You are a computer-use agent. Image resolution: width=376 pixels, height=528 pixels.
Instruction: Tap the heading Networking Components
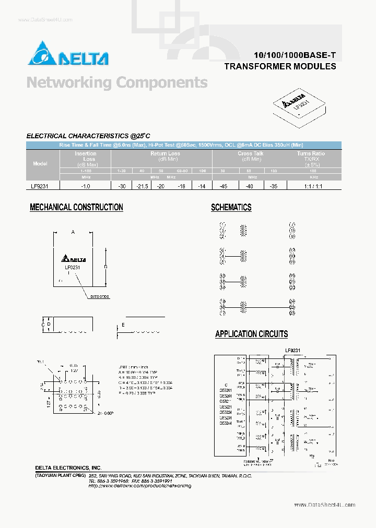[x=117, y=82]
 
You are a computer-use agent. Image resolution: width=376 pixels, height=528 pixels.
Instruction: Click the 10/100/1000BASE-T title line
[x=295, y=55]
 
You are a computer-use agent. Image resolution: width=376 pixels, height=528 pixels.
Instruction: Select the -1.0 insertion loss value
[x=85, y=185]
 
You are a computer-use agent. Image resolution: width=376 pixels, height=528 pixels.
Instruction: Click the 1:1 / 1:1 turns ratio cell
[x=312, y=185]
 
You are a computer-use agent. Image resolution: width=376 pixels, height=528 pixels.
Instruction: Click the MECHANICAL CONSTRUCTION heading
[x=76, y=207]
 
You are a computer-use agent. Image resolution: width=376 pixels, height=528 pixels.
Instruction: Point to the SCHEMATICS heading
[x=231, y=207]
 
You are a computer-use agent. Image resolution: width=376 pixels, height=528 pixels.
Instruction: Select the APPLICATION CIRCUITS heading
[x=251, y=334]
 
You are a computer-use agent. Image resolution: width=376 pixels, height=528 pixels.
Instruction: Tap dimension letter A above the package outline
[x=73, y=232]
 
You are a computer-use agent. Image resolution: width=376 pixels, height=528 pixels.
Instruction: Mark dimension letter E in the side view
[x=123, y=325]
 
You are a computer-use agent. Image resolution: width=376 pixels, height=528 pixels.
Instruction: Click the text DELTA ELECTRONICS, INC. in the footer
[x=68, y=467]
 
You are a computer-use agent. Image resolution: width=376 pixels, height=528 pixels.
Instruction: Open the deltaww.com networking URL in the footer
[x=139, y=486]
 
